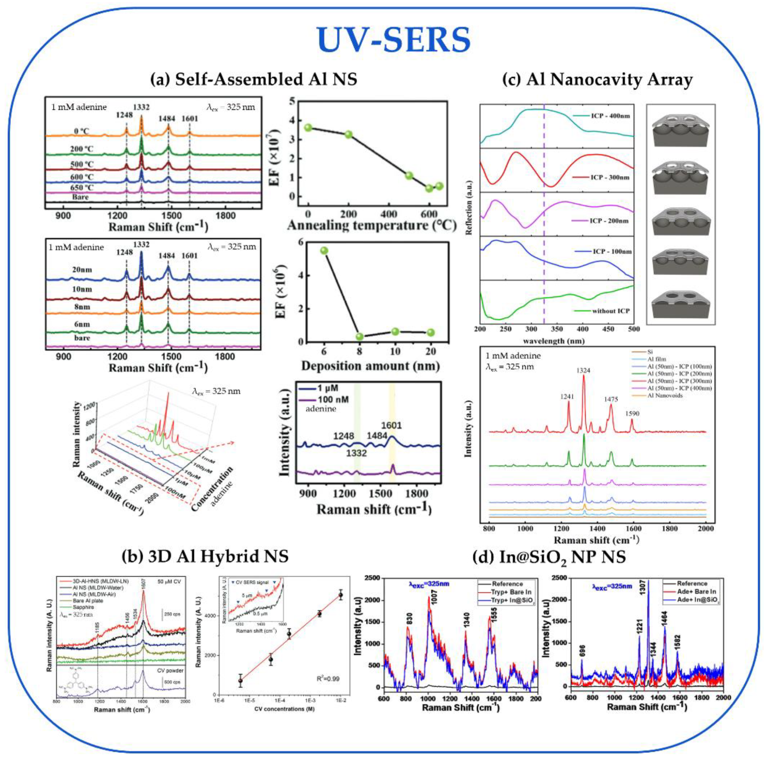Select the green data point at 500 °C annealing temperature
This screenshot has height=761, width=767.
click(409, 176)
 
